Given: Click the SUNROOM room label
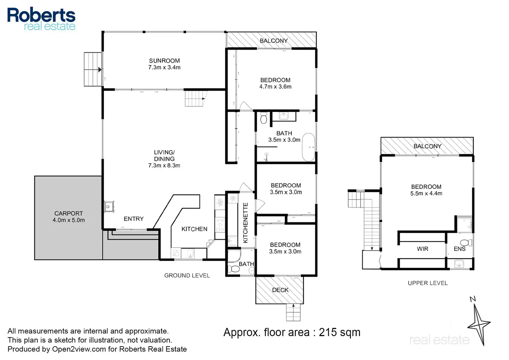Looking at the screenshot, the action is click(164, 61).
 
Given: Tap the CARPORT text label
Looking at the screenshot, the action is click(68, 213).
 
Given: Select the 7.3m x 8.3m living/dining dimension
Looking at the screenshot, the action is click(164, 165).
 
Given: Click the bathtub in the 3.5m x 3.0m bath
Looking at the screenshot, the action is click(308, 147).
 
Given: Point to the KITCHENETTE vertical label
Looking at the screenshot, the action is click(246, 223).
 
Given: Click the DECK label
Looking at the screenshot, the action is click(280, 290).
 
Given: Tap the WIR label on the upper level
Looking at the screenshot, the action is click(423, 249).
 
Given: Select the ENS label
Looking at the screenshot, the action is click(460, 249).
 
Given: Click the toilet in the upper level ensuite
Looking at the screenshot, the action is click(466, 242).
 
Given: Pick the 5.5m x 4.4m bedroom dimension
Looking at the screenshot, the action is click(426, 193).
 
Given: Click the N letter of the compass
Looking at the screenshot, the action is click(473, 299).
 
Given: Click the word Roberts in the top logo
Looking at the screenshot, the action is click(41, 15).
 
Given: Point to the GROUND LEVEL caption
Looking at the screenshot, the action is click(187, 276).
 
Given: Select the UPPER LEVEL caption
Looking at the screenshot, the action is click(428, 283).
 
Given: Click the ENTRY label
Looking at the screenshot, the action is click(133, 219).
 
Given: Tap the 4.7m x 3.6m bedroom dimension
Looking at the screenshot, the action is click(275, 86).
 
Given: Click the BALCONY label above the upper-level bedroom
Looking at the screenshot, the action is click(427, 146).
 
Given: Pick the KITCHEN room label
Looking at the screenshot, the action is click(194, 229).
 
